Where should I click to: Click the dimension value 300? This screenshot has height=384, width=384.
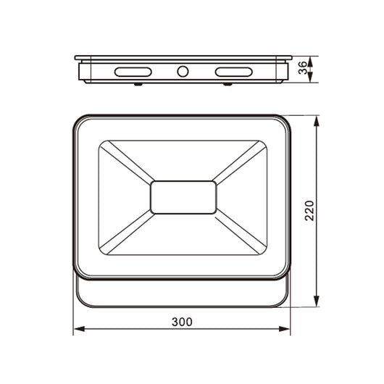pyautogui.click(x=182, y=321)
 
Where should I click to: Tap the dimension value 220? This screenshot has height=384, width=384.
pyautogui.click(x=308, y=211)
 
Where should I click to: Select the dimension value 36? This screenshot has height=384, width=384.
pyautogui.click(x=302, y=67)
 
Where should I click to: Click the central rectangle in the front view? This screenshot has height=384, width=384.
pyautogui.click(x=183, y=197)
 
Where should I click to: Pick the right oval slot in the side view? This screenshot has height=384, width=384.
pyautogui.click(x=233, y=72)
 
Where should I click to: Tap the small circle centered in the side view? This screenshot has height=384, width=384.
pyautogui.click(x=183, y=72)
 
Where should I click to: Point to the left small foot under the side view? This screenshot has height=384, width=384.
pyautogui.click(x=138, y=84)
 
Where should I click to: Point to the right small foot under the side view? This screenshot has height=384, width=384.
pyautogui.click(x=228, y=84)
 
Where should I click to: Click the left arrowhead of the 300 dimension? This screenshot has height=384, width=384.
pyautogui.click(x=78, y=330)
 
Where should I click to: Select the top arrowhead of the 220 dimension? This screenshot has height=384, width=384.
pyautogui.click(x=317, y=121)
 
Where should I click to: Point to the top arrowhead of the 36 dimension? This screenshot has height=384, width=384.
pyautogui.click(x=311, y=60)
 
